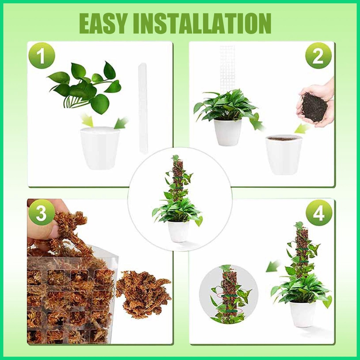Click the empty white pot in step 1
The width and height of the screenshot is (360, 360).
click(100, 148)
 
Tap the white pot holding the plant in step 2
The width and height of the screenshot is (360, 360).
click(228, 132)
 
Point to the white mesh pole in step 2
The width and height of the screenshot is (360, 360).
click(227, 67)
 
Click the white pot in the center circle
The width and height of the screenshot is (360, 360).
click(178, 231)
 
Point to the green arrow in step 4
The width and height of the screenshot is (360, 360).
click(273, 266)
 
